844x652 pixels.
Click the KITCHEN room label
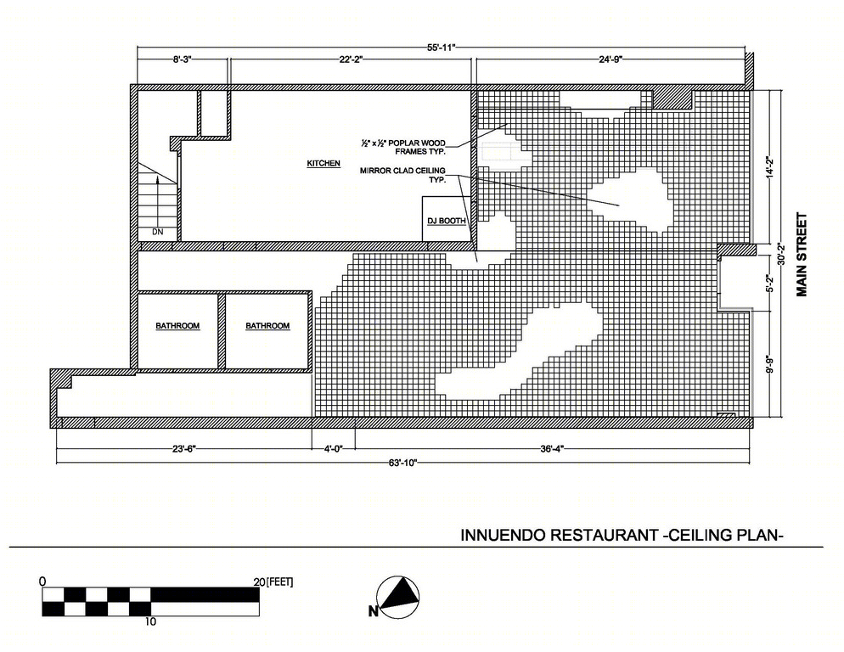point(324,163)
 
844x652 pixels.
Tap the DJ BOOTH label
point(447,221)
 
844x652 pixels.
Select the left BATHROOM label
point(177,326)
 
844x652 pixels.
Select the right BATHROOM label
point(267,326)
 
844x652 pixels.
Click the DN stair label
point(157,232)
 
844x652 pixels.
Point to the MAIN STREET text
point(802,255)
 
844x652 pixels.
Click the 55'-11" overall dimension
point(442,48)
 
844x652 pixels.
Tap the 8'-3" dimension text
point(182,59)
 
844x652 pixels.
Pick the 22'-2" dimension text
point(351,59)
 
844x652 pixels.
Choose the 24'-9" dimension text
point(610,59)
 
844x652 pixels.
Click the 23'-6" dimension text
point(184,448)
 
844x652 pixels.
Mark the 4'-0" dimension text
point(333,448)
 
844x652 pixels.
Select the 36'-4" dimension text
point(552,448)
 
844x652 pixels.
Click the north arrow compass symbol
point(397,597)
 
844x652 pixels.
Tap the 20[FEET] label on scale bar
point(273,582)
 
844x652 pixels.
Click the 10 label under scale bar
point(150,621)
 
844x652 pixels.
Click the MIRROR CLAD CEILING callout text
point(402,174)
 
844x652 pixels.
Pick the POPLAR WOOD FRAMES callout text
point(403,147)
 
